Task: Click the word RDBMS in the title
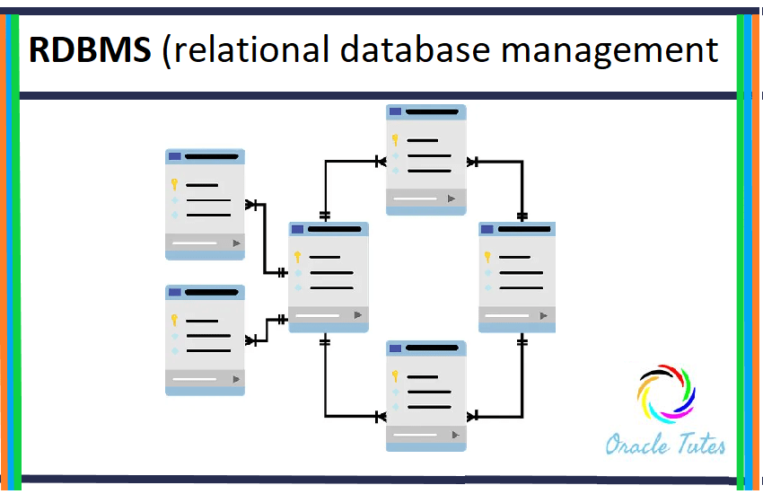coord(90,51)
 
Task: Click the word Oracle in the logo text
coord(635,444)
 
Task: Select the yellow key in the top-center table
coord(395,140)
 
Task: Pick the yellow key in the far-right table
coord(487,257)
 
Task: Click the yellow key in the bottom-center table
coord(395,376)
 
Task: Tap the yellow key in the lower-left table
coord(174,320)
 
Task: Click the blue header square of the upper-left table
coord(174,156)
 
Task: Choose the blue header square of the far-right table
coord(487,229)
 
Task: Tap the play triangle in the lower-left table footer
coord(236,379)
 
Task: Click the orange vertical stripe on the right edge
coord(757,251)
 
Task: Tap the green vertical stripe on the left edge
coord(13,251)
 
